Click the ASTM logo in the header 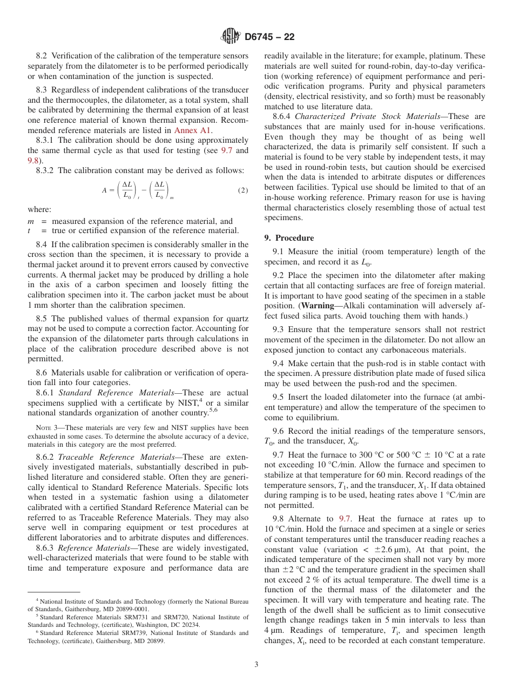coord(231,37)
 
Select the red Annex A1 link coord(193,130)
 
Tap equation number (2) coord(242,190)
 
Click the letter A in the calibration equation coord(105,190)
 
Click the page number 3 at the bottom coord(256,664)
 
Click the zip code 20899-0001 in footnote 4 coord(130,608)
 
